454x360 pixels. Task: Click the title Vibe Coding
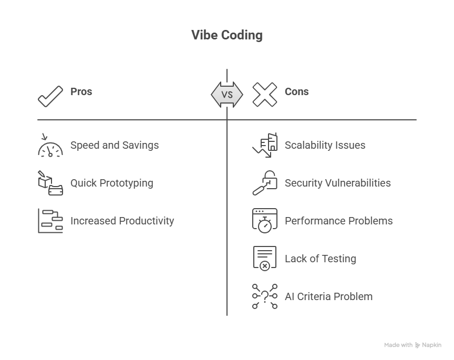pyautogui.click(x=226, y=36)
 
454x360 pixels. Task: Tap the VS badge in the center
pyautogui.click(x=227, y=95)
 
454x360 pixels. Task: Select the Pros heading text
pyautogui.click(x=81, y=91)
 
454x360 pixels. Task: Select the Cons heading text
pyautogui.click(x=296, y=91)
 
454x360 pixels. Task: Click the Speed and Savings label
pyautogui.click(x=115, y=145)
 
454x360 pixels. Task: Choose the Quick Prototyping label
pyautogui.click(x=112, y=183)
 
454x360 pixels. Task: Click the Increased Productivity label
pyautogui.click(x=122, y=221)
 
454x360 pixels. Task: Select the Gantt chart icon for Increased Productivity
pyautogui.click(x=50, y=221)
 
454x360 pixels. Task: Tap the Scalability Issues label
pyautogui.click(x=325, y=145)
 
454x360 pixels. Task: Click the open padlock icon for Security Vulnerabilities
pyautogui.click(x=264, y=183)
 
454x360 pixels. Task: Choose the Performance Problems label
pyautogui.click(x=338, y=221)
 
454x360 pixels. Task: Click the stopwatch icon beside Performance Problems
pyautogui.click(x=264, y=221)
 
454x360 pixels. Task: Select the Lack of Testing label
pyautogui.click(x=321, y=259)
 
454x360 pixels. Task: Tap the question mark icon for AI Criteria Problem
pyautogui.click(x=264, y=296)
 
